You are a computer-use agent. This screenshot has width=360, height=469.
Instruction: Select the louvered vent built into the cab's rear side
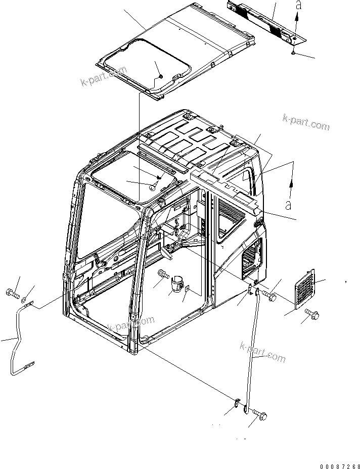(252, 258)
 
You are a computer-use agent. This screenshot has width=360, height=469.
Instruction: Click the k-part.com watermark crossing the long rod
(263, 353)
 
